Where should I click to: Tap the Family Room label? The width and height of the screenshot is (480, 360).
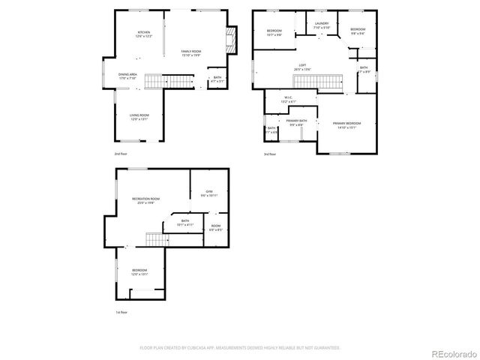click(190, 53)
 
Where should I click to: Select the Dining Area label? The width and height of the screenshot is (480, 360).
click(127, 76)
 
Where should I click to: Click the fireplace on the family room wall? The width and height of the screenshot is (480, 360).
click(232, 40)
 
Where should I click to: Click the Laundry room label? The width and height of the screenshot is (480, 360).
click(322, 25)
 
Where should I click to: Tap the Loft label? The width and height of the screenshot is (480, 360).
click(302, 67)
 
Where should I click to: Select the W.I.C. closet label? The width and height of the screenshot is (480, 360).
click(288, 99)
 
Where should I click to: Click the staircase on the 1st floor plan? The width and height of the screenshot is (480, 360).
click(154, 240)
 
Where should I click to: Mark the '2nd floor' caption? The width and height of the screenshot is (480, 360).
click(121, 154)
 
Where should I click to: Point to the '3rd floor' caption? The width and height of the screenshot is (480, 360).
click(270, 154)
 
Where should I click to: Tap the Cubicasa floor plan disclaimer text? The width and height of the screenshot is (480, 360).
click(240, 348)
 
